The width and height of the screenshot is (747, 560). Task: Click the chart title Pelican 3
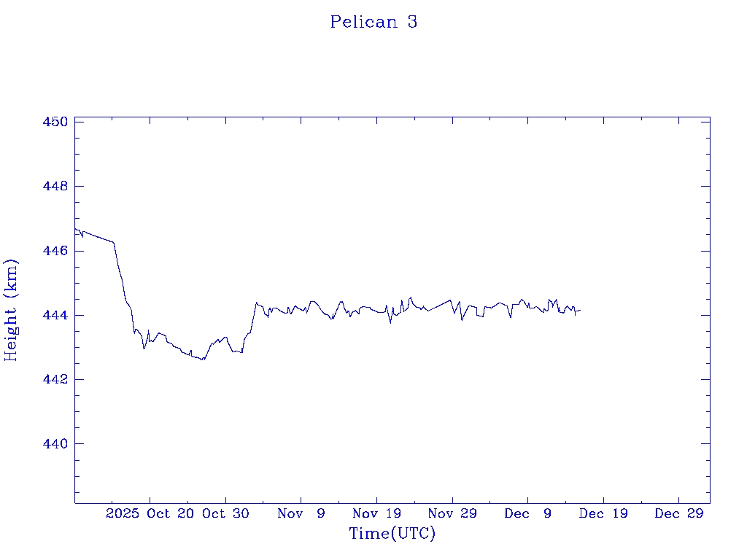click(373, 22)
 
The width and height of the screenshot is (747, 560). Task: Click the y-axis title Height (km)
click(11, 310)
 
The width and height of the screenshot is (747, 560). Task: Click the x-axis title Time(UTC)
click(392, 534)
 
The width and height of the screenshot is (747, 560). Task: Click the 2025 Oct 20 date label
click(150, 514)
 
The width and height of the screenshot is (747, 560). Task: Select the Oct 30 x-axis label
click(225, 514)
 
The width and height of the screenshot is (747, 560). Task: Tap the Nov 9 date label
click(301, 514)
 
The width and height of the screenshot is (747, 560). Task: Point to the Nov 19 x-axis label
click(376, 514)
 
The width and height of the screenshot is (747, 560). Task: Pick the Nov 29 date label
click(452, 514)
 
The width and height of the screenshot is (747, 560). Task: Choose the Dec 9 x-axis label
click(528, 514)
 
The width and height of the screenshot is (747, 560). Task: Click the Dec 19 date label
click(603, 514)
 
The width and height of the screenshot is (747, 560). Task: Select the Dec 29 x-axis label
click(679, 514)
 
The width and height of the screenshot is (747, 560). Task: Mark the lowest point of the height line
click(203, 360)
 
